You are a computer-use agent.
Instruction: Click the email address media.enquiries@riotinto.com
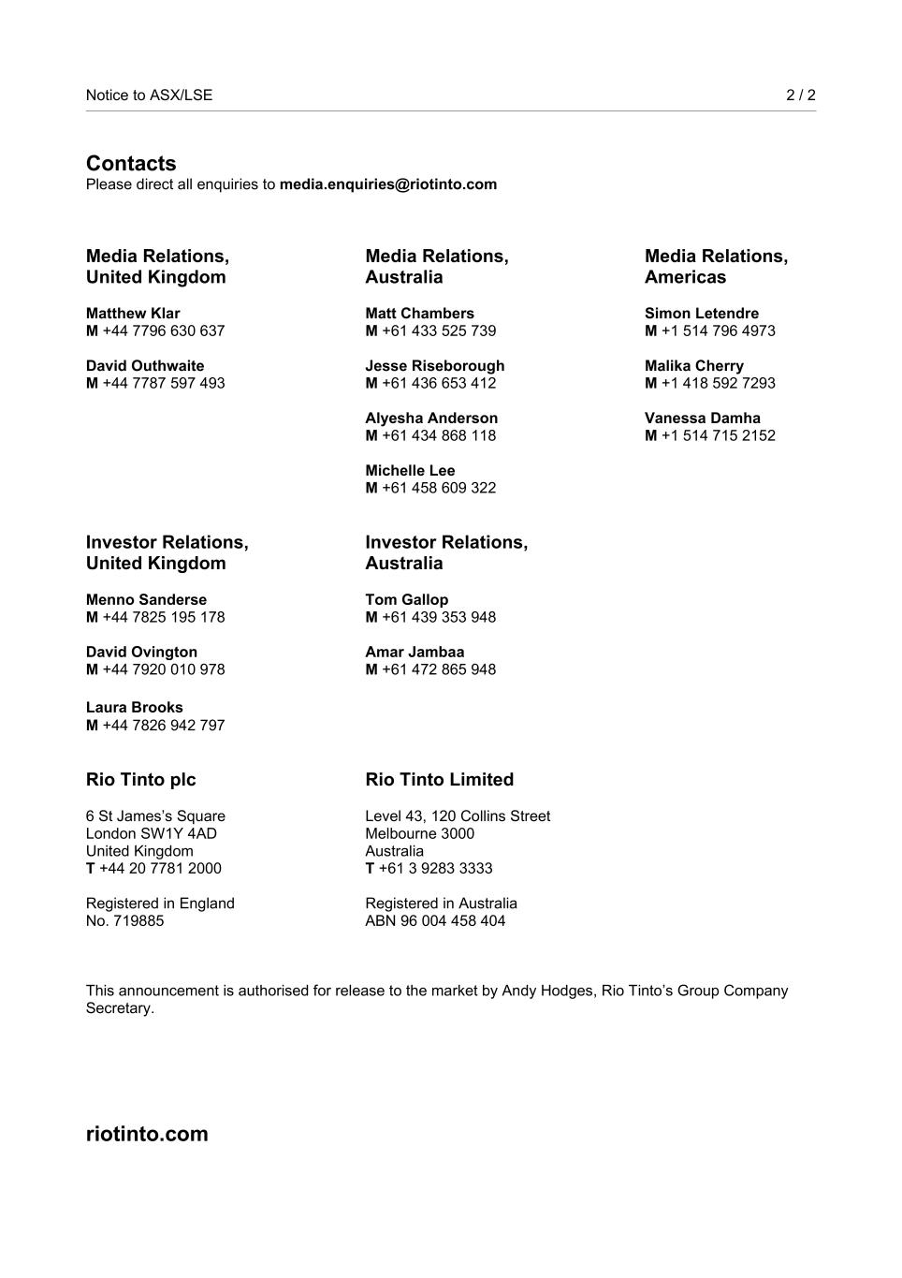pyautogui.click(x=387, y=184)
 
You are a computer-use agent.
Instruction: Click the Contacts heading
pyautogui.click(x=131, y=164)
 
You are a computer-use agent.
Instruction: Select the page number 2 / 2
pyautogui.click(x=800, y=95)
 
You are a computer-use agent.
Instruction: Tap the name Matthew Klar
pyautogui.click(x=133, y=314)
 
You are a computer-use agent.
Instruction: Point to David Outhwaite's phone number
pyautogui.click(x=163, y=383)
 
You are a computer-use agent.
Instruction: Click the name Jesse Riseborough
pyautogui.click(x=434, y=366)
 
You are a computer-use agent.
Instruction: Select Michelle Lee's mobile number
pyautogui.click(x=438, y=488)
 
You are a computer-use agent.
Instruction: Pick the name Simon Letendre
pyautogui.click(x=702, y=314)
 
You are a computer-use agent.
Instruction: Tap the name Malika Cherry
pyautogui.click(x=694, y=366)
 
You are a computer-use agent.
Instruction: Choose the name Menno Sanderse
pyautogui.click(x=146, y=600)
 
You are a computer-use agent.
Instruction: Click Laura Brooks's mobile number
pyautogui.click(x=163, y=726)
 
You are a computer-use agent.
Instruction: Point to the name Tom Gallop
pyautogui.click(x=406, y=600)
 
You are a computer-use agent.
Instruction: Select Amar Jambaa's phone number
pyautogui.click(x=438, y=669)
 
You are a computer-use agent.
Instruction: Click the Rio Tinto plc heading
pyautogui.click(x=140, y=780)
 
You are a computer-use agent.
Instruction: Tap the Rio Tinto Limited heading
pyautogui.click(x=439, y=780)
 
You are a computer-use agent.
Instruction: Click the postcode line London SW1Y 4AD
pyautogui.click(x=151, y=833)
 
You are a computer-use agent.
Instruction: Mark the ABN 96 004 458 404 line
pyautogui.click(x=435, y=921)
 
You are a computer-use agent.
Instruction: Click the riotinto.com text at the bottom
pyautogui.click(x=147, y=1134)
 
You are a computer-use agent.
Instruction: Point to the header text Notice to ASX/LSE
pyautogui.click(x=149, y=95)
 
